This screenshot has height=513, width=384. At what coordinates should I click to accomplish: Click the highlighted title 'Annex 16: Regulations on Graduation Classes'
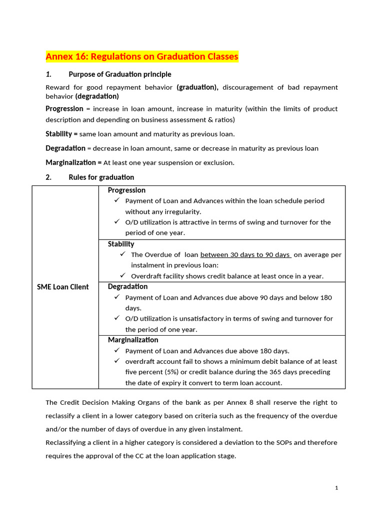coord(142,57)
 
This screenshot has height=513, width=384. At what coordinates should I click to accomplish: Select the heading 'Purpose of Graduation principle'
coord(120,74)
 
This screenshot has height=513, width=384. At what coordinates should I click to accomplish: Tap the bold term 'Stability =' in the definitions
coord(61,134)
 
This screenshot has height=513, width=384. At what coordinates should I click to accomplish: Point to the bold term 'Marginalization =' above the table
coord(73,162)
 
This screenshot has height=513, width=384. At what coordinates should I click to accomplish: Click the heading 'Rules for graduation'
coord(101,177)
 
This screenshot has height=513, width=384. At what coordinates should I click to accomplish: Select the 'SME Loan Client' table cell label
coord(63,287)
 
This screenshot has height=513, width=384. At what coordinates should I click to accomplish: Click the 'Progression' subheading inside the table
coord(126,190)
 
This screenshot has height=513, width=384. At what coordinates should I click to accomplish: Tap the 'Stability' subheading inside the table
coord(121,244)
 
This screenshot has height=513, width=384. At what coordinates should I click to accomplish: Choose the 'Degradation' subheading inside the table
coord(127,287)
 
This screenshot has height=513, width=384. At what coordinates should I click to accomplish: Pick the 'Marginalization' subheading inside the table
coord(133,340)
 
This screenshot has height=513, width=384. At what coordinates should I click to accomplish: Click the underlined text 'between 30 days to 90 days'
coord(245,254)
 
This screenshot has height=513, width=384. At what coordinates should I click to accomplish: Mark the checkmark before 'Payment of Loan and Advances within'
coord(116,200)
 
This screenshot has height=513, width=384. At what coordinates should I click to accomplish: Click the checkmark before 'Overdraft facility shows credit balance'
coord(122,276)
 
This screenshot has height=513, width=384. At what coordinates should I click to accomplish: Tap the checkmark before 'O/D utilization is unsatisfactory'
coord(116,318)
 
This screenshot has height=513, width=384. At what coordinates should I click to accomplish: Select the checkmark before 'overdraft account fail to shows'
coord(116,361)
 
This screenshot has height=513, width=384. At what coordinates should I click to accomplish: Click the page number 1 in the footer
coord(337,488)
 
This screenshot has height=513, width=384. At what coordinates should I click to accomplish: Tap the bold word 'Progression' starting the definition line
coord(64,109)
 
